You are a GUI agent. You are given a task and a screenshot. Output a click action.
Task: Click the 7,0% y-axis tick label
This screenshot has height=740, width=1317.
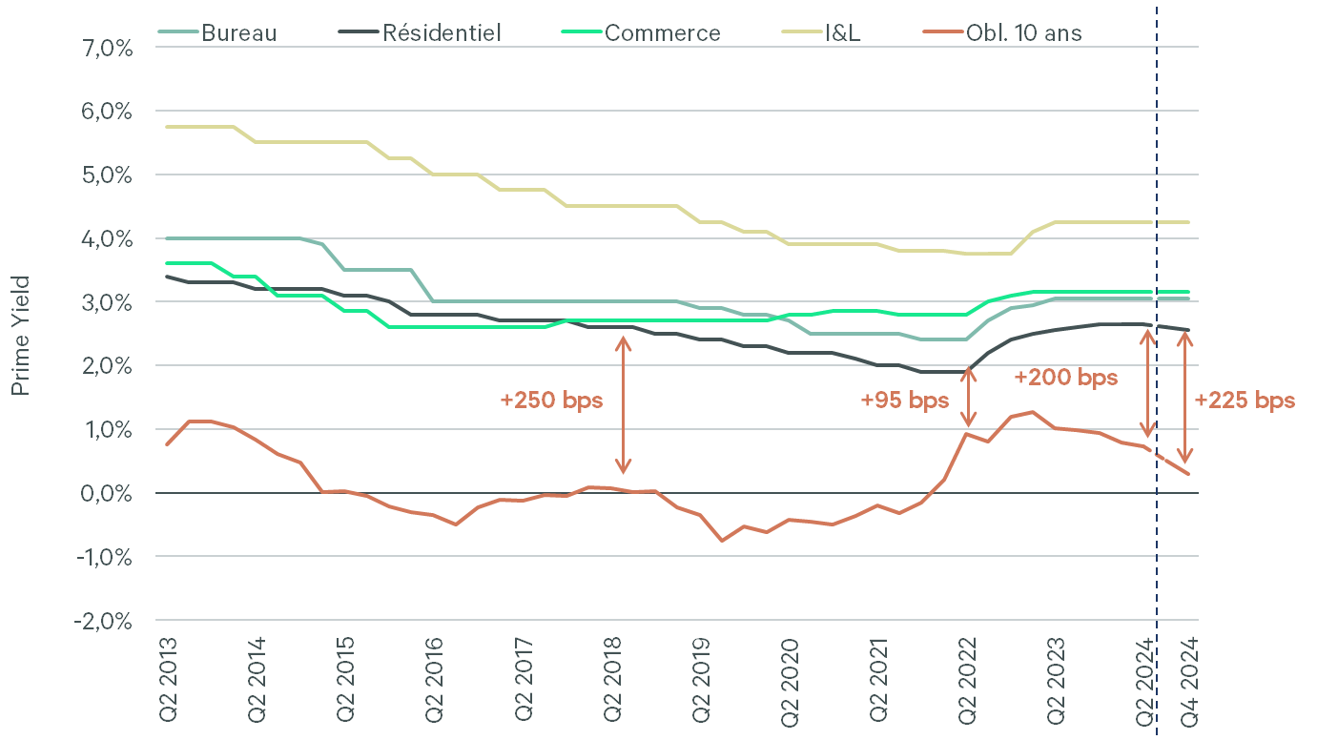(x=102, y=48)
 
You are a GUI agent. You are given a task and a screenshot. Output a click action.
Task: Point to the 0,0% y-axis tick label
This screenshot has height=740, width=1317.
(x=102, y=493)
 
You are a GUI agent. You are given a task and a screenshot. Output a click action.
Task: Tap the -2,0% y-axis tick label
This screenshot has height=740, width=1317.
(x=100, y=621)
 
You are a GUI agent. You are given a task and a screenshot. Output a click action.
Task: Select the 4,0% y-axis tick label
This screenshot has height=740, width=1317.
(x=102, y=238)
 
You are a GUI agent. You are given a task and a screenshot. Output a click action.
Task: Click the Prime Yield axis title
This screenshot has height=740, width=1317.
(x=21, y=335)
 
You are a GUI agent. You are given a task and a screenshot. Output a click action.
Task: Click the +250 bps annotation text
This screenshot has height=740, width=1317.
(x=551, y=401)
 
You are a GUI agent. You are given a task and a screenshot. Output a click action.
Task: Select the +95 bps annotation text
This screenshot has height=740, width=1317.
(x=904, y=401)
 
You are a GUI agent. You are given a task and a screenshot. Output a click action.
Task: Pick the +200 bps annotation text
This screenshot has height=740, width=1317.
(x=1065, y=378)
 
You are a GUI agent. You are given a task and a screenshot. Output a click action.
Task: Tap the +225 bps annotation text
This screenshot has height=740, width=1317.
(x=1245, y=401)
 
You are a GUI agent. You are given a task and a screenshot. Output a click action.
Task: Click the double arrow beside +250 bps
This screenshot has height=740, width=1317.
(x=623, y=404)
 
